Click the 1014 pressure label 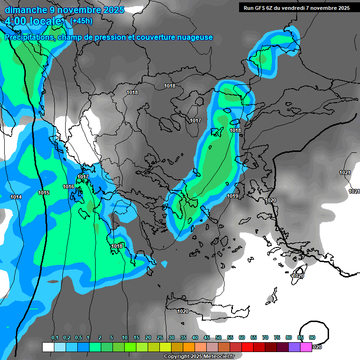pos(16,197)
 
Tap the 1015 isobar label pos(44,193)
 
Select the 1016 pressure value pos(68,187)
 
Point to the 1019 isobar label pos(232,196)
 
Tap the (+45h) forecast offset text pos(81,21)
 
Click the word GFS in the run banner pos(263,8)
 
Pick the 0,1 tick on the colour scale pos(54,338)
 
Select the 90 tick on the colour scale pos(312,338)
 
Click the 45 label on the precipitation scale pos(207,338)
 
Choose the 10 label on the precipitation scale pos(125,338)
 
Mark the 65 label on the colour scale pos(254,338)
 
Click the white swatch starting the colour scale pos(48,347)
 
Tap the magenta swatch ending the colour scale pos(306,347)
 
